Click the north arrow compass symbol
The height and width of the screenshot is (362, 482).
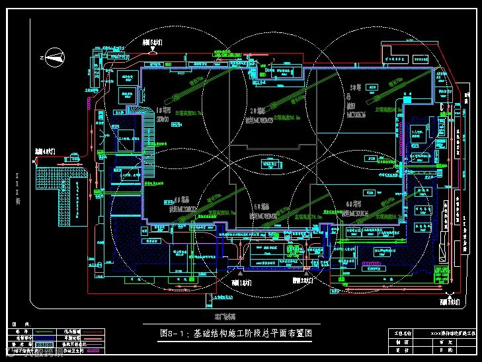[x=55, y=59]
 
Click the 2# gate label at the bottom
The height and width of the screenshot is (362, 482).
[x=302, y=281]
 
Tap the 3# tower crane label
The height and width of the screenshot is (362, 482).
[x=356, y=87]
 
